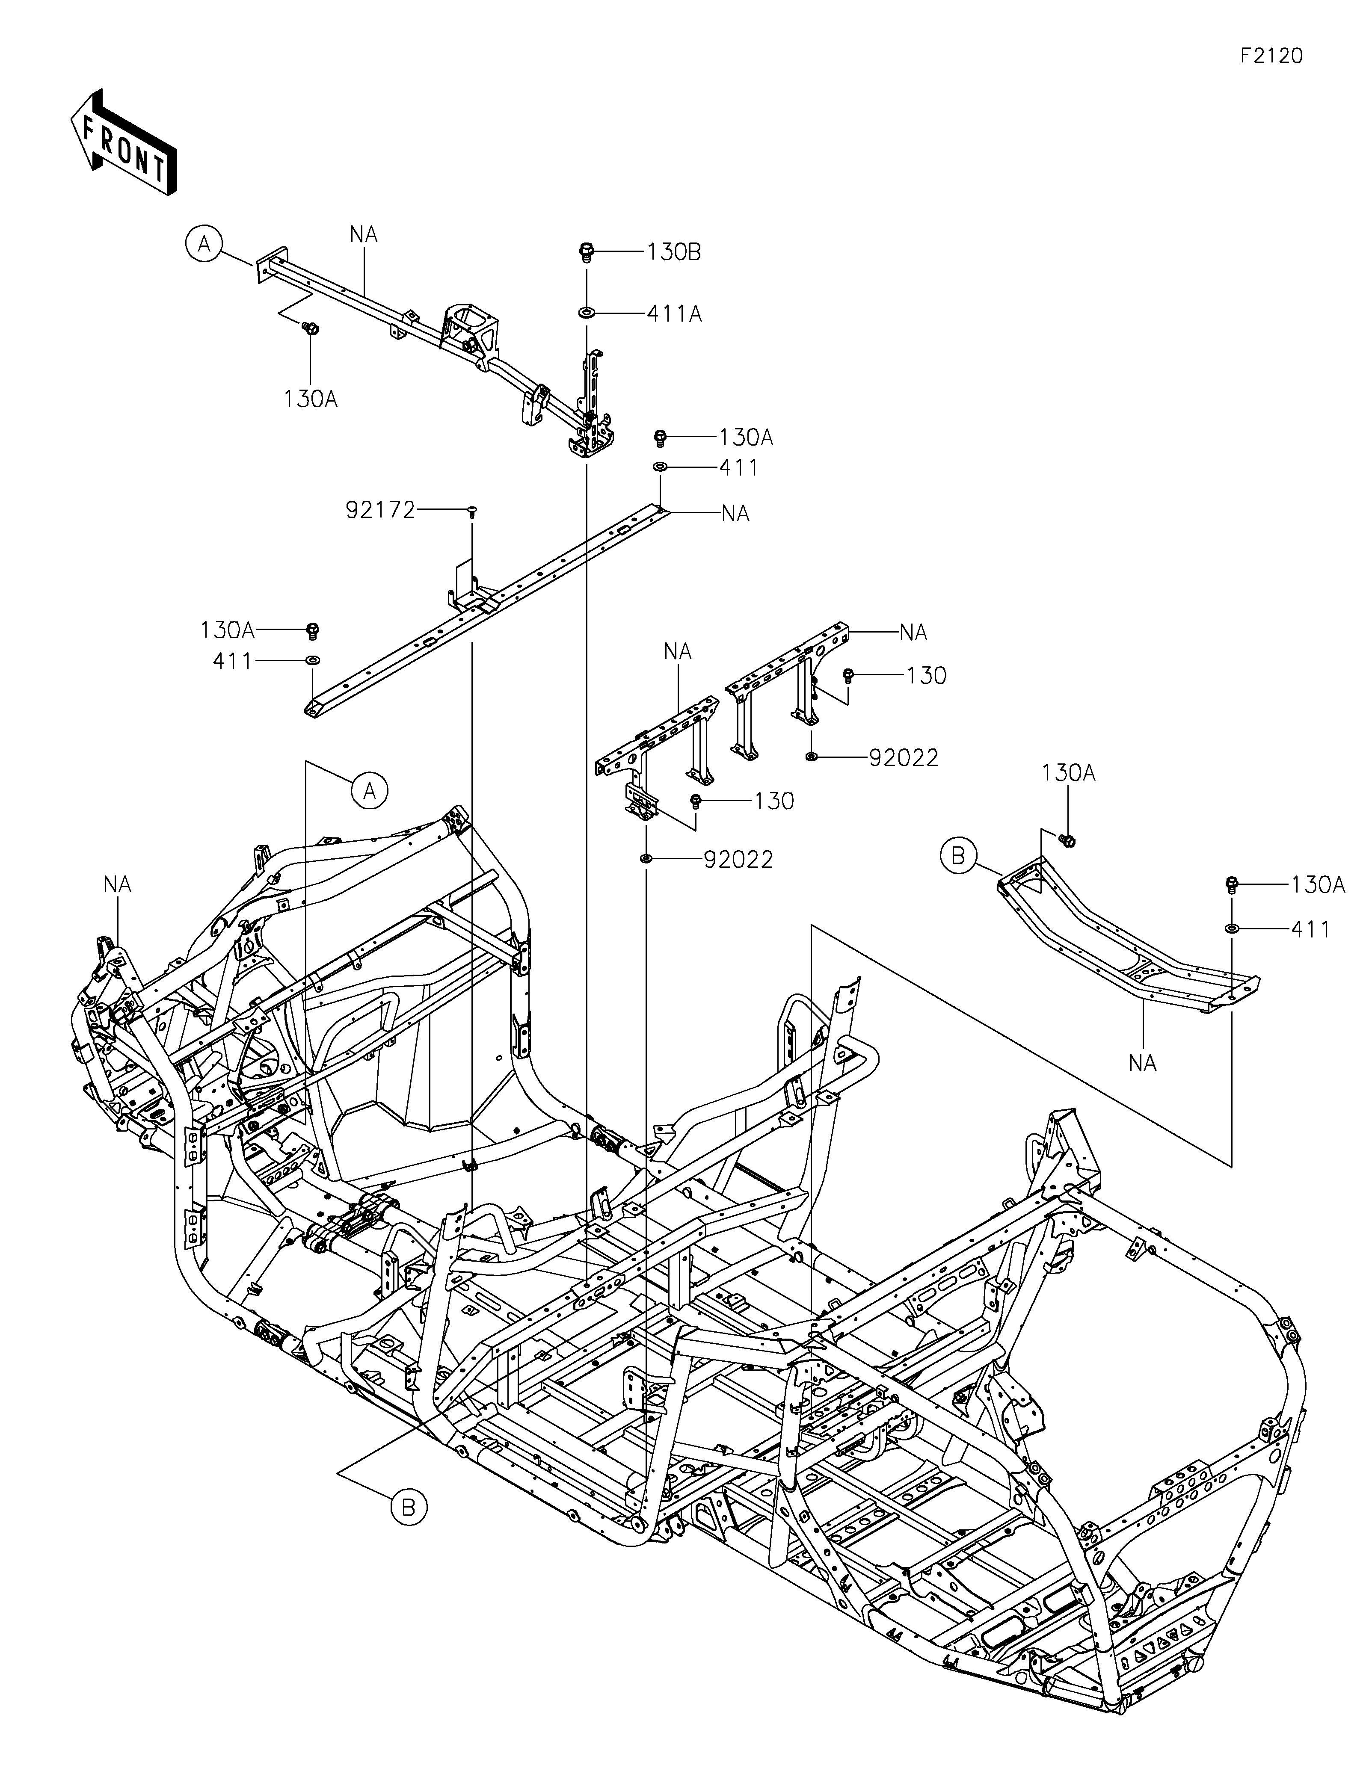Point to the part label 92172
coord(380,510)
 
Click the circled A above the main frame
coord(370,791)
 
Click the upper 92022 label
coord(904,758)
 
